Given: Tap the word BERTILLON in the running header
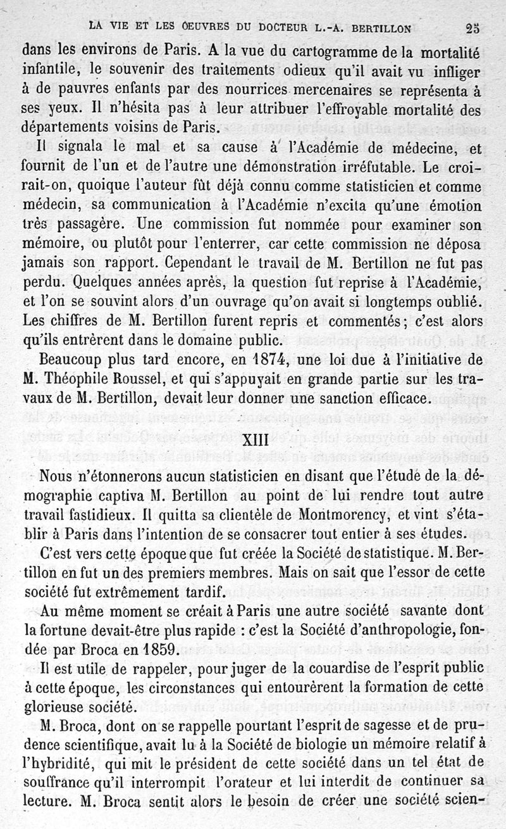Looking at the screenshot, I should pos(378,27).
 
